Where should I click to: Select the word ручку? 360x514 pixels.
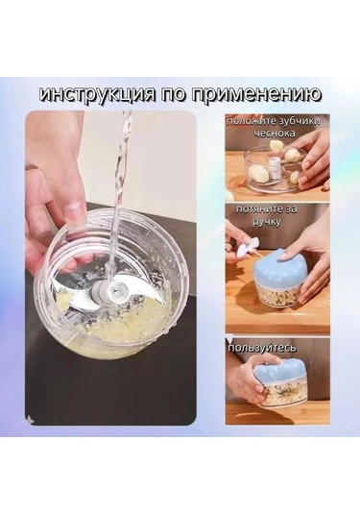click(x=240, y=221)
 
